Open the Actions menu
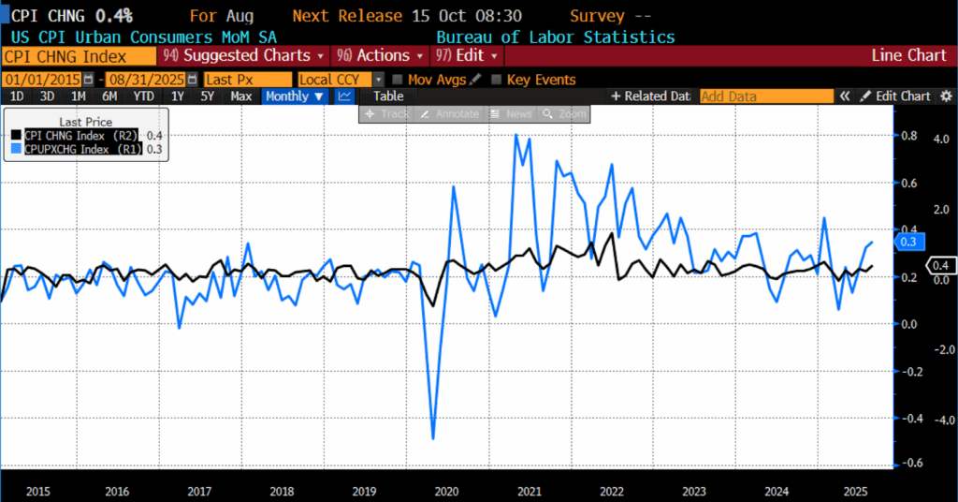378,55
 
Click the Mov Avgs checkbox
399,80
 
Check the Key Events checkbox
497,80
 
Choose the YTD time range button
143,96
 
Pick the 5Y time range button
208,96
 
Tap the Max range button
240,96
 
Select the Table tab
387,96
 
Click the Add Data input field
766,96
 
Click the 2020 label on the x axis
447,491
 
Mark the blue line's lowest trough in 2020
433,437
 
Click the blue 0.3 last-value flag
906,242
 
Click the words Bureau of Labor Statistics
555,37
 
